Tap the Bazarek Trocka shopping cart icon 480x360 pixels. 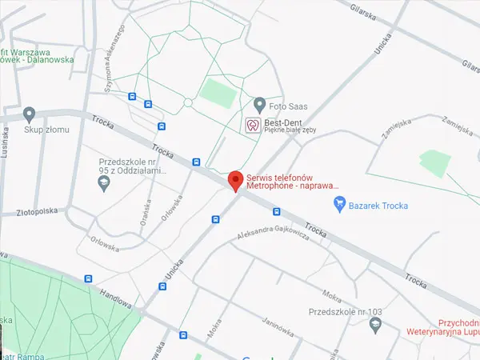click(x=340, y=206)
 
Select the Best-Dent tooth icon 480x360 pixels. click(x=251, y=125)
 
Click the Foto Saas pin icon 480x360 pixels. click(x=259, y=105)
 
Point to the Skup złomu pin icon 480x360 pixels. click(x=30, y=114)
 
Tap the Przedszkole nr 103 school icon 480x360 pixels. click(x=375, y=323)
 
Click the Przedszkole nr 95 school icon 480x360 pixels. click(x=103, y=184)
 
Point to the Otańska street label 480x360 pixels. click(x=146, y=210)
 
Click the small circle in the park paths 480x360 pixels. click(x=188, y=102)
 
